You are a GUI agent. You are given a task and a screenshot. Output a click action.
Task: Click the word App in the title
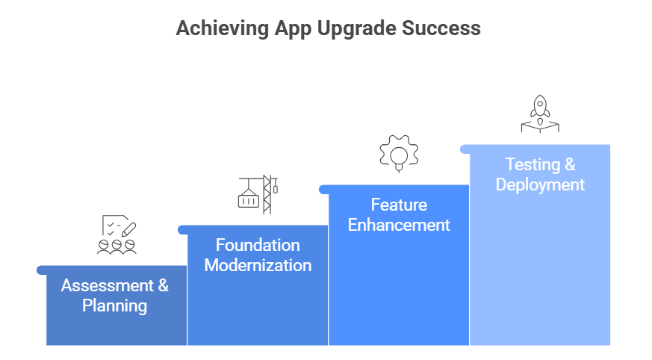tap(286, 28)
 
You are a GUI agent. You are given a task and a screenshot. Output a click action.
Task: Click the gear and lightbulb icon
tap(399, 154)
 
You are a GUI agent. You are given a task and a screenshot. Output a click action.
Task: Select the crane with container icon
tap(258, 194)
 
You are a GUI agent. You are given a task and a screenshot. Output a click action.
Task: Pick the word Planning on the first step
tap(114, 305)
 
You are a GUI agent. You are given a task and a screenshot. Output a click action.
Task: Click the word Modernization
tap(258, 265)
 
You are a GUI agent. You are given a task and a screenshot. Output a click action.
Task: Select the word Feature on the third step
tap(399, 205)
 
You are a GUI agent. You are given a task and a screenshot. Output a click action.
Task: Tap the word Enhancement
tap(399, 225)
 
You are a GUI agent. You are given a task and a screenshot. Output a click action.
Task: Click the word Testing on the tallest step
tap(531, 164)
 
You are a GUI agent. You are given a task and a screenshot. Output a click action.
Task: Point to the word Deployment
tap(540, 184)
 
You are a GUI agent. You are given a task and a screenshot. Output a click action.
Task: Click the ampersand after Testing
tap(568, 164)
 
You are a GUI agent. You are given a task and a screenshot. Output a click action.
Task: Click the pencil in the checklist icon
tap(128, 226)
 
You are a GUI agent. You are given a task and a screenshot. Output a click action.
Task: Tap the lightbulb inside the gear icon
tap(400, 155)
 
